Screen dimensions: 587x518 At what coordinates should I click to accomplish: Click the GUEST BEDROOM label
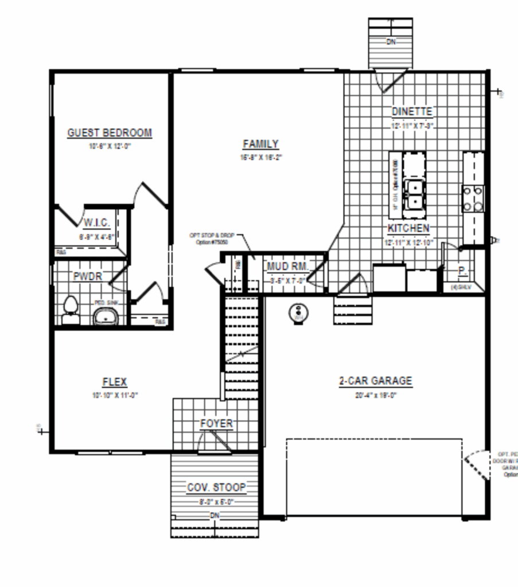[x=110, y=133]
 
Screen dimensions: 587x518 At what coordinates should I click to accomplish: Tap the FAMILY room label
[x=260, y=144]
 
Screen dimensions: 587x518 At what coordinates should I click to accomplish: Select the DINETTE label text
[x=412, y=111]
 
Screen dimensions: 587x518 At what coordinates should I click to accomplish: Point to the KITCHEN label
[x=408, y=228]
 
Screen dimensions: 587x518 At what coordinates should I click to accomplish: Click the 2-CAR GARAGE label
[x=375, y=381]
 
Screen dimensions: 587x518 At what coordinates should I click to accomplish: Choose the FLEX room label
[x=115, y=382]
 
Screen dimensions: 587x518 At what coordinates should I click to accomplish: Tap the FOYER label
[x=216, y=424]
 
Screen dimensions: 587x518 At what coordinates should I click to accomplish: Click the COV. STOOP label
[x=216, y=488]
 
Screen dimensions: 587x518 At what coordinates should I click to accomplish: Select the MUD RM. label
[x=288, y=267]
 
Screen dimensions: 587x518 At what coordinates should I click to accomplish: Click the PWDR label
[x=87, y=276]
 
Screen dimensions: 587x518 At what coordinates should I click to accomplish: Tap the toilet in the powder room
[x=71, y=308]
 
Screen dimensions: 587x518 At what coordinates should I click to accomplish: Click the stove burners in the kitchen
[x=473, y=199]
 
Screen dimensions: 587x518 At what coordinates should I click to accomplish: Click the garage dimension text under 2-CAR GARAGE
[x=375, y=395]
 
